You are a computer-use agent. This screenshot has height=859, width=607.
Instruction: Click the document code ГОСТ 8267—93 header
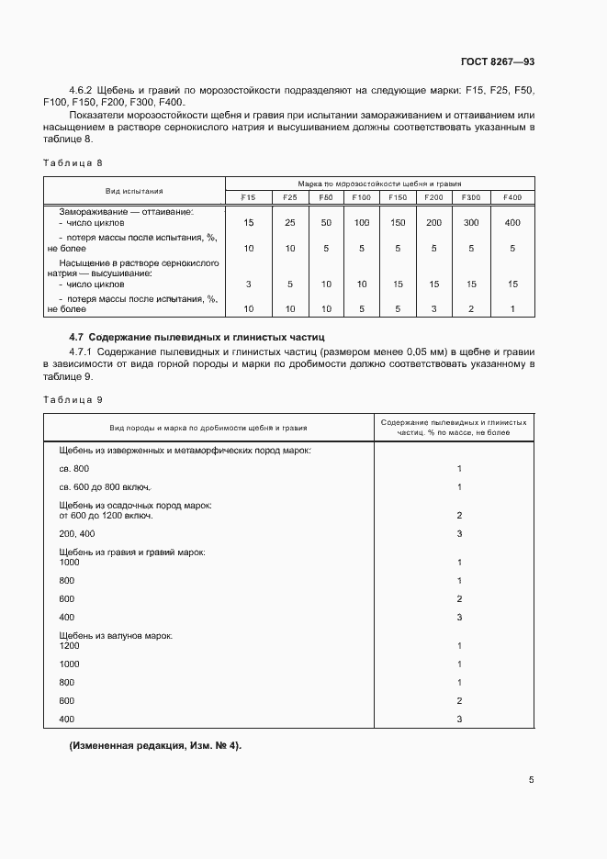coord(497,61)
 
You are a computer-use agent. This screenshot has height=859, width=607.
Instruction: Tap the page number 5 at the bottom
coord(531,780)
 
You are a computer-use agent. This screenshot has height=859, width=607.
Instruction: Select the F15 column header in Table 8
coord(249,197)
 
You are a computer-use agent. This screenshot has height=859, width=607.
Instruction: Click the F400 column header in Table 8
coord(512,197)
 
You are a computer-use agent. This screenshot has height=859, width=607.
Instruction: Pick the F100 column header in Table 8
coord(361,197)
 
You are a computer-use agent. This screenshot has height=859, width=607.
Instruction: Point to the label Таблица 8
coord(73,162)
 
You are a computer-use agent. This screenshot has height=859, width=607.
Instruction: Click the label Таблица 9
coord(73,399)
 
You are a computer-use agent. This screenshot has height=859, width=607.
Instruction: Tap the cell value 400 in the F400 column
coord(512,223)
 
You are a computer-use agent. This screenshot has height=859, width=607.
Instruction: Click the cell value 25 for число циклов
coord(289,223)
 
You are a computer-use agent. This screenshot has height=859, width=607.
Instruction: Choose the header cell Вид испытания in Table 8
coord(134,191)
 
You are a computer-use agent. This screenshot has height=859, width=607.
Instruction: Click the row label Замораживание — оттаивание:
coord(127,211)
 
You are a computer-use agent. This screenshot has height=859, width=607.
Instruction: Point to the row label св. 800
coord(74,468)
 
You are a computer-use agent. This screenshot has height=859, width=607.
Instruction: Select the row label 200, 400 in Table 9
coord(77,533)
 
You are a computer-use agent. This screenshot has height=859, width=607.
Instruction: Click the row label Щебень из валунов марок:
coord(117,635)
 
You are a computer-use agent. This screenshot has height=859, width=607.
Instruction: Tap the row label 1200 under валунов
coord(70,645)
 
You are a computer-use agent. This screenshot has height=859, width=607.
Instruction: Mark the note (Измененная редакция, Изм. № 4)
coord(155,745)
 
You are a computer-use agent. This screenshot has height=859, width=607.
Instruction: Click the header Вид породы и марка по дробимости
coord(208,428)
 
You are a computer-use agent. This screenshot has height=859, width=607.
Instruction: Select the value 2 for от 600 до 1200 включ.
coord(458,515)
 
